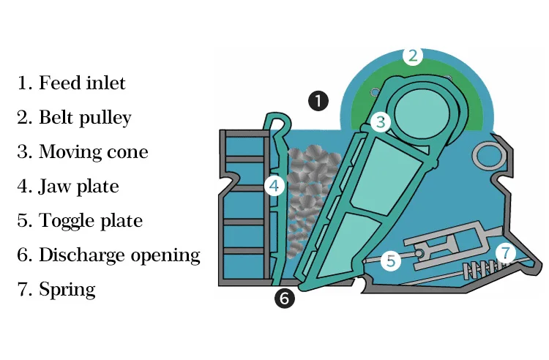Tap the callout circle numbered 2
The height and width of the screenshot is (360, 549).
(413, 56)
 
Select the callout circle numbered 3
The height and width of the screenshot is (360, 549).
(379, 122)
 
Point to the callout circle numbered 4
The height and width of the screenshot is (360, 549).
(274, 186)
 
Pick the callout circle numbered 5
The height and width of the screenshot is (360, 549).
(391, 260)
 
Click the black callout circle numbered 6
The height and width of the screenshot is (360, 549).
(284, 298)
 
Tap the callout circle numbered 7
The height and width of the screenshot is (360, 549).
(505, 253)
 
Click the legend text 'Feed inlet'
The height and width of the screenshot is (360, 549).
(82, 83)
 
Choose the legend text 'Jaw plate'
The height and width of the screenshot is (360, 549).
(78, 186)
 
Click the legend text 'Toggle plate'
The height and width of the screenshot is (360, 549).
(90, 220)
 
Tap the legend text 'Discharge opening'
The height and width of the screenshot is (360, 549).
(119, 255)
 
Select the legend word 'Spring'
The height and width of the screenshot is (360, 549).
(67, 289)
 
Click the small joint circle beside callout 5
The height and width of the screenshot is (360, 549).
(419, 252)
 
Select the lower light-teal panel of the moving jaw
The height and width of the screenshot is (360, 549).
(333, 246)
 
